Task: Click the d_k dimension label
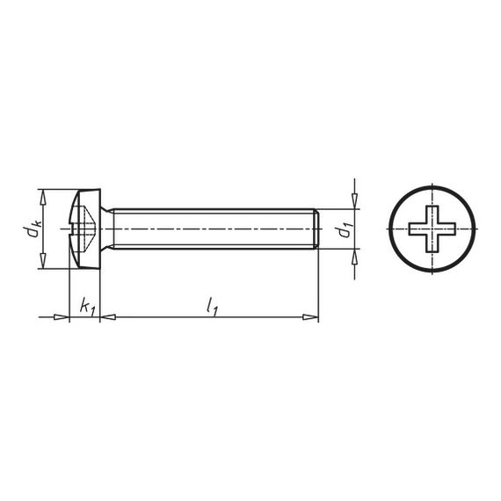click(33, 229)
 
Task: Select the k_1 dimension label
click(88, 307)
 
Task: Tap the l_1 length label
click(212, 306)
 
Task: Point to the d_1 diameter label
click(345, 229)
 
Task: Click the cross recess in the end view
click(432, 229)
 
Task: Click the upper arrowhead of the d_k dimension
click(43, 198)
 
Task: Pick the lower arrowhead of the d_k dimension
click(43, 260)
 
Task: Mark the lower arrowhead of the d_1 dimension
click(355, 257)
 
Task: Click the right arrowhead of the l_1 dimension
click(310, 317)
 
